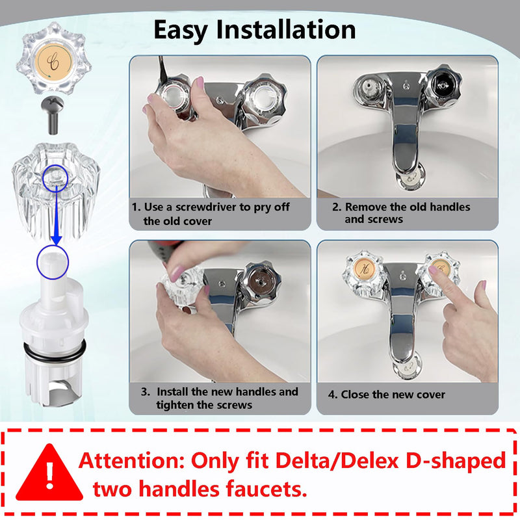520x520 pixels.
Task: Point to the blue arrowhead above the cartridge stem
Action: pos(57,240)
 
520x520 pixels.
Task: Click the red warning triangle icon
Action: pos(49,473)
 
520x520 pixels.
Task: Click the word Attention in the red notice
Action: pos(131,461)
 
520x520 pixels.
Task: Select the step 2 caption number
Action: pos(336,207)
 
